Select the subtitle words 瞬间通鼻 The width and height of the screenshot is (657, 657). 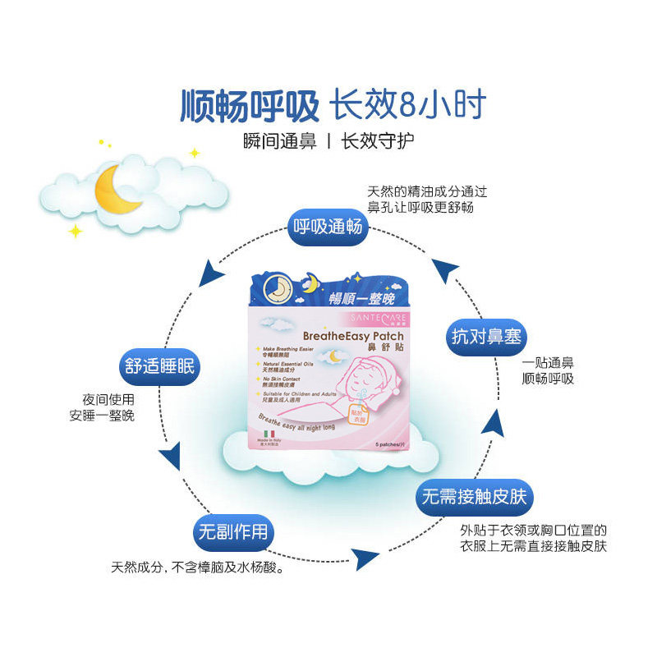280,140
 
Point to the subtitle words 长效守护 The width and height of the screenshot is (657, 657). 378,140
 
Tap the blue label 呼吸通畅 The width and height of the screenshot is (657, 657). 327,227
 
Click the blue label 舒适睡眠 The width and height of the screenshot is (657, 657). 160,366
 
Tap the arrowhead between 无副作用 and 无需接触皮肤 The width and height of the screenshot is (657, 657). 367,558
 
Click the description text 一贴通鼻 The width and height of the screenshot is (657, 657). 548,362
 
